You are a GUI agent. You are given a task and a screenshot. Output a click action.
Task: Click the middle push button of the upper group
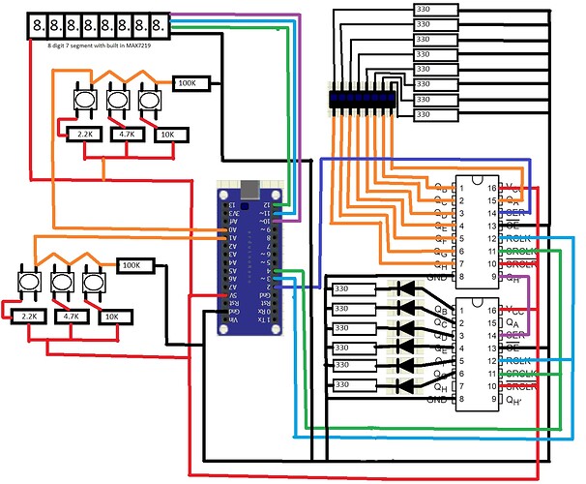(118, 99)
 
